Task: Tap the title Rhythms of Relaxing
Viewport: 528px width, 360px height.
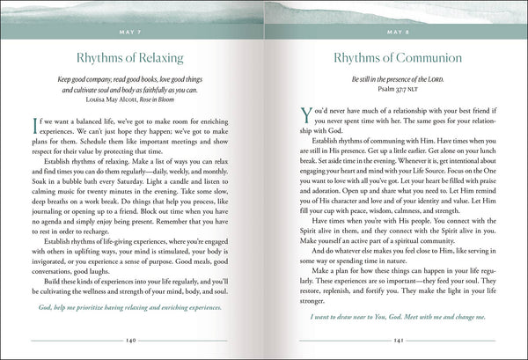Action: [x=132, y=60]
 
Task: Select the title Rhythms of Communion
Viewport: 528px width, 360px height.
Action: [x=395, y=60]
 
